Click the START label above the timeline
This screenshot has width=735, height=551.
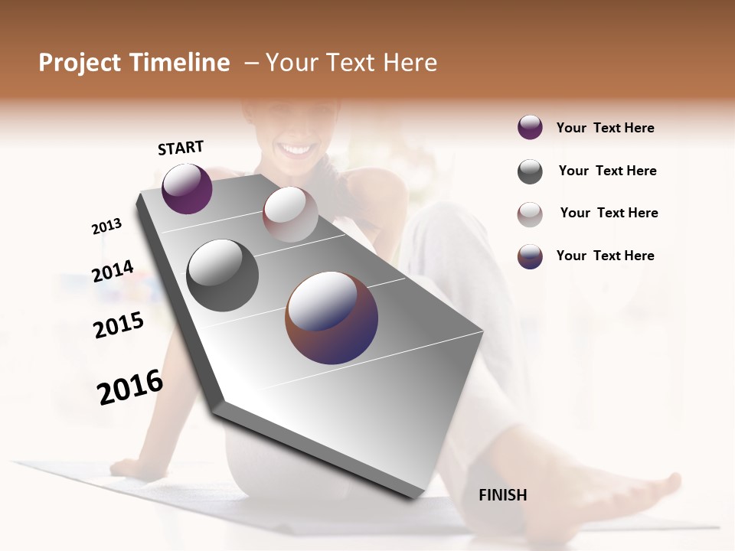tap(181, 148)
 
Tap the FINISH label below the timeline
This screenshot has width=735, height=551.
tap(503, 495)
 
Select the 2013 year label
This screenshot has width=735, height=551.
tap(106, 227)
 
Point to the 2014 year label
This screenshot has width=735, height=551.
tap(113, 272)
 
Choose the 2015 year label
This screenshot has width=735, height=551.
tap(119, 325)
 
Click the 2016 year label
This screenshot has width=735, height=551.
tap(130, 387)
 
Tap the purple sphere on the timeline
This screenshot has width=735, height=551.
tap(187, 189)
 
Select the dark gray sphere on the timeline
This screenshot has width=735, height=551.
tap(223, 275)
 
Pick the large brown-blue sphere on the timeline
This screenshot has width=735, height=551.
tap(332, 318)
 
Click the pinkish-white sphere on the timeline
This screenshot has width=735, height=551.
tap(290, 214)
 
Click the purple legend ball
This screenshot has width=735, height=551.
tap(530, 128)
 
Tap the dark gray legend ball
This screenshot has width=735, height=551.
tap(530, 171)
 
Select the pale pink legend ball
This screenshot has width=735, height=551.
tap(530, 214)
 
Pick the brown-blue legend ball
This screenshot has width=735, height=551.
tap(530, 256)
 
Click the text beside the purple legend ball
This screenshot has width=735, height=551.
tap(605, 128)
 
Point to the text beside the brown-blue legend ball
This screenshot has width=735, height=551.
tap(605, 256)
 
